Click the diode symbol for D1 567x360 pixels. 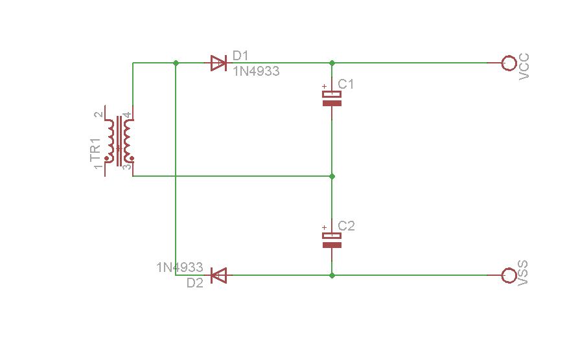pyautogui.click(x=219, y=63)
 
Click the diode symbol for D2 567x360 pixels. pyautogui.click(x=219, y=275)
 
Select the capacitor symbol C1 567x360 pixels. pyautogui.click(x=332, y=98)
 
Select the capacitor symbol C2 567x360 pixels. pyautogui.click(x=332, y=240)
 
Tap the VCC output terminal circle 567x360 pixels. pyautogui.click(x=509, y=63)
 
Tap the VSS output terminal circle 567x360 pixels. pyautogui.click(x=509, y=275)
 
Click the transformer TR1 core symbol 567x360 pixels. pyautogui.click(x=119, y=141)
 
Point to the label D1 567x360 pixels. pyautogui.click(x=240, y=56)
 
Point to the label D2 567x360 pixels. pyautogui.click(x=195, y=283)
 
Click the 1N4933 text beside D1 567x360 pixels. pyautogui.click(x=257, y=71)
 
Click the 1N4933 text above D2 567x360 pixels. pyautogui.click(x=179, y=267)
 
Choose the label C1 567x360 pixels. pyautogui.click(x=345, y=84)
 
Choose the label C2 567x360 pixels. pyautogui.click(x=346, y=226)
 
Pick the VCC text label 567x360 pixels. pyautogui.click(x=524, y=67)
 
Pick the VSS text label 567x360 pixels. pyautogui.click(x=523, y=273)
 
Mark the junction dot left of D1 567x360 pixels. pyautogui.click(x=176, y=63)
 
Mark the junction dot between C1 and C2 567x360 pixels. pyautogui.click(x=332, y=176)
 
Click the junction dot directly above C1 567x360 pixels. pyautogui.click(x=332, y=63)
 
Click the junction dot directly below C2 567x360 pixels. pyautogui.click(x=332, y=275)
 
